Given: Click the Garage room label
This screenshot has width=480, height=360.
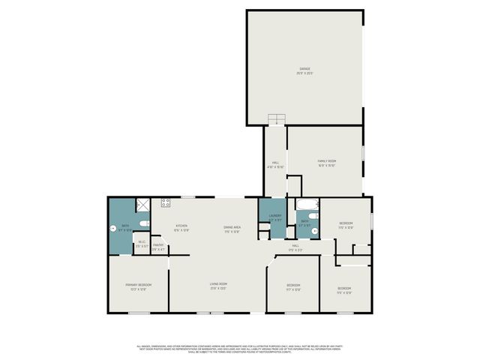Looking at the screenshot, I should point(304,71).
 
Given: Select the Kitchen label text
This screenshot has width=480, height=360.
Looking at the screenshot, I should point(181,227).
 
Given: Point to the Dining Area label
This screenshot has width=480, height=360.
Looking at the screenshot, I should point(232,228).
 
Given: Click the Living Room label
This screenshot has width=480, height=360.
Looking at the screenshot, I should point(218,286).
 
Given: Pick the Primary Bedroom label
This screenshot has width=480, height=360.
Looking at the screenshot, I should point(136,286).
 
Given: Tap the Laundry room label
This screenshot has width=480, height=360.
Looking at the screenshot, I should point(275,218).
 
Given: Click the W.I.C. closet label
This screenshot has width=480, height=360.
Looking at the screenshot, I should point(142,243).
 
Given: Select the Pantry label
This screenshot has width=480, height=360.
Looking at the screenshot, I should point(158,246).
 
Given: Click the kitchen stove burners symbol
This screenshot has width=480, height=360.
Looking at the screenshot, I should point(165,202).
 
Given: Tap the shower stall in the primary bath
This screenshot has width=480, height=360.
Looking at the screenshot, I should point(142,204).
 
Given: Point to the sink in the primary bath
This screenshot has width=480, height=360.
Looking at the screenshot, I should point(113,229).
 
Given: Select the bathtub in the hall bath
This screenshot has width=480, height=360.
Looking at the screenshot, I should point(307,205).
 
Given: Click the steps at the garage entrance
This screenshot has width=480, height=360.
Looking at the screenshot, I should point(277,118).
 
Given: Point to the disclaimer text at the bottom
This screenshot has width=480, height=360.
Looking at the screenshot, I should point(240,348).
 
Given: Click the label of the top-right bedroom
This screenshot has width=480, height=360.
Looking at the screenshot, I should point(345,224).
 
